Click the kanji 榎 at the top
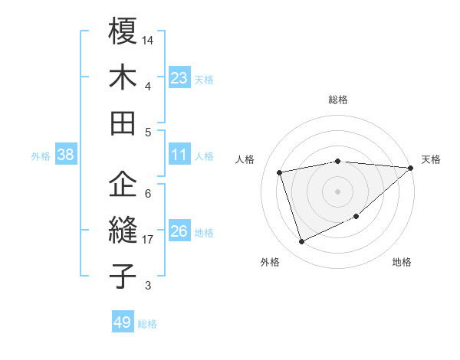click(x=123, y=32)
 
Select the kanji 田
click(x=123, y=123)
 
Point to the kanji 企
click(x=123, y=184)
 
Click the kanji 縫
click(x=123, y=231)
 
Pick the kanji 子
click(x=123, y=276)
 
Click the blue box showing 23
click(x=179, y=78)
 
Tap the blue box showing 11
click(x=179, y=155)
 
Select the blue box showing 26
click(x=179, y=232)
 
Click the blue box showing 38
click(x=65, y=155)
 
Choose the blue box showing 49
click(x=123, y=322)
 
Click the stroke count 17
click(x=148, y=240)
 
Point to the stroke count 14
click(x=148, y=39)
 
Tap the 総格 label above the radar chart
click(x=338, y=100)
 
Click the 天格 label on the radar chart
click(x=431, y=159)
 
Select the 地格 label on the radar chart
click(x=402, y=262)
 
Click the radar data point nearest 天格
click(x=410, y=168)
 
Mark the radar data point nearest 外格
click(x=301, y=242)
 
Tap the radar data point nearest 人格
click(x=280, y=172)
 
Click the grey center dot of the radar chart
click(x=338, y=191)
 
